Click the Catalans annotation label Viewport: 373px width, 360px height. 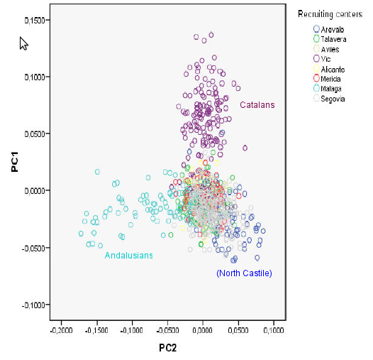pos(257,105)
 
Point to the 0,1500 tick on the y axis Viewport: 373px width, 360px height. pos(35,20)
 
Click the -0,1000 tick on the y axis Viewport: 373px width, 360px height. pos(35,305)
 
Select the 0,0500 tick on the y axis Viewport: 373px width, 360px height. pos(35,133)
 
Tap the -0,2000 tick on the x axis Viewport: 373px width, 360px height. pos(61,331)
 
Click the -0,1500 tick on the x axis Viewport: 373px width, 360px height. pos(96,331)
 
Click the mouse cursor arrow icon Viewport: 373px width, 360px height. pos(24,43)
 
